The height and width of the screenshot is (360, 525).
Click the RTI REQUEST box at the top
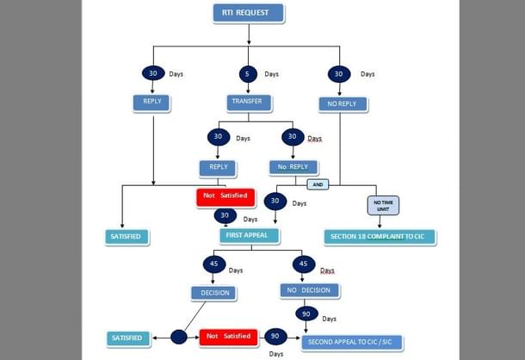pos(248,13)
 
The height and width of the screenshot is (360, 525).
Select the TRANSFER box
pos(249,102)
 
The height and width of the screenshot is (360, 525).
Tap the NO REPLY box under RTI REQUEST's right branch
pos(342,104)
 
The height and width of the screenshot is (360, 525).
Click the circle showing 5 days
pos(248,74)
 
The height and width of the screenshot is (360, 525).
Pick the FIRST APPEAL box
pos(249,235)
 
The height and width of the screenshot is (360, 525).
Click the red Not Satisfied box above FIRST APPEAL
pos(225,196)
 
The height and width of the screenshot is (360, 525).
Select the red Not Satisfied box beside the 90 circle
pos(228,337)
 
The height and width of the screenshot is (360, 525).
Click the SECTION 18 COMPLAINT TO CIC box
pos(380,236)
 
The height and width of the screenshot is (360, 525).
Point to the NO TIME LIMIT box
pos(380,205)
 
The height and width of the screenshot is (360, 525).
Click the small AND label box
pos(318,183)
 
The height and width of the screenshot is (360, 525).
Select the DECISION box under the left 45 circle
pos(213,293)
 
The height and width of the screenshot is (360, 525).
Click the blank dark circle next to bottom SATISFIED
pos(179,337)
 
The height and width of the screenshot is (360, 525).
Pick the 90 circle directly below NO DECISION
pos(306,313)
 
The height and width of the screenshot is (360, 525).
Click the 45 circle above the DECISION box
pos(213,264)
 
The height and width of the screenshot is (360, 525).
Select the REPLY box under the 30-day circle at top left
pos(152,102)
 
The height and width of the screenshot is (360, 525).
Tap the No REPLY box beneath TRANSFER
pos(293,167)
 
